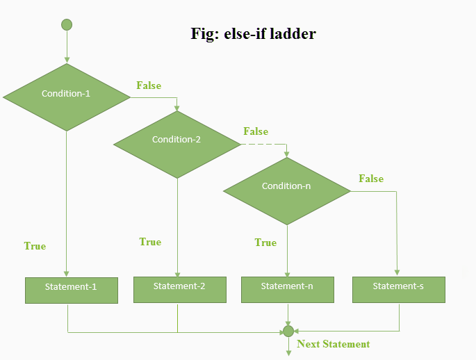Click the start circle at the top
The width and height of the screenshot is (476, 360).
pos(67,25)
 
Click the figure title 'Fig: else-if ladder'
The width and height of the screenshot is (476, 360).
pos(253,33)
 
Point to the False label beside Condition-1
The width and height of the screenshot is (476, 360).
pos(149,85)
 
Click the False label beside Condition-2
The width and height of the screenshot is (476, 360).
pos(256,131)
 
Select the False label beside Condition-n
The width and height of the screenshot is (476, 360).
pos(371,179)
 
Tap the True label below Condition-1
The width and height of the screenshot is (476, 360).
pos(35,246)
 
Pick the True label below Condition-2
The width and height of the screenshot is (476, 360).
pos(150,242)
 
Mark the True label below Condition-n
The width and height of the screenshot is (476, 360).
pos(265,243)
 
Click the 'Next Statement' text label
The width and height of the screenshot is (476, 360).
pos(333,344)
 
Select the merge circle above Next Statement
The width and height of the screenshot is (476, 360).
pos(288,332)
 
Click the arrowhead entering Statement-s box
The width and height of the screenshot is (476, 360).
pos(398,273)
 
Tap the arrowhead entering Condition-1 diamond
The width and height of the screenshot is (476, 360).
pos(67,60)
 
